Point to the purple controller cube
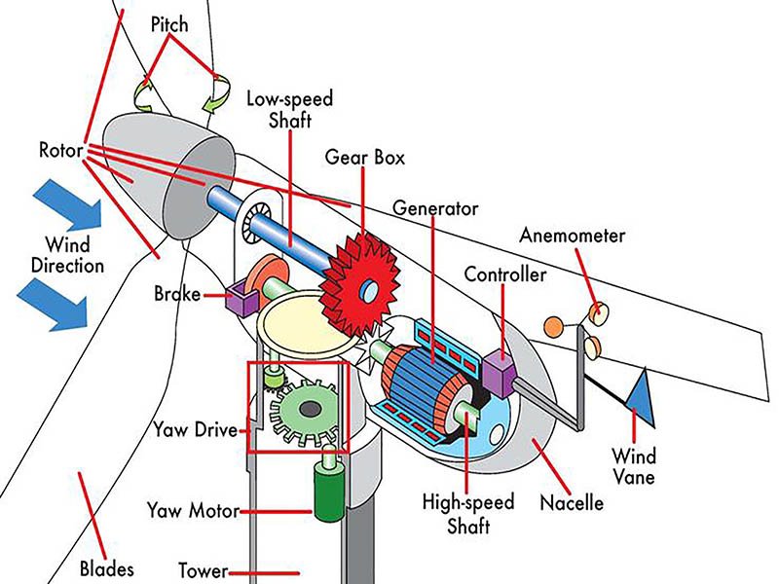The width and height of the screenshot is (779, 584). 499,369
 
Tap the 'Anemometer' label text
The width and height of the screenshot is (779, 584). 572,236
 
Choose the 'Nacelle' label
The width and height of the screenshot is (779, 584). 572,503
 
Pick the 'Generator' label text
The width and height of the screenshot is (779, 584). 435,208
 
